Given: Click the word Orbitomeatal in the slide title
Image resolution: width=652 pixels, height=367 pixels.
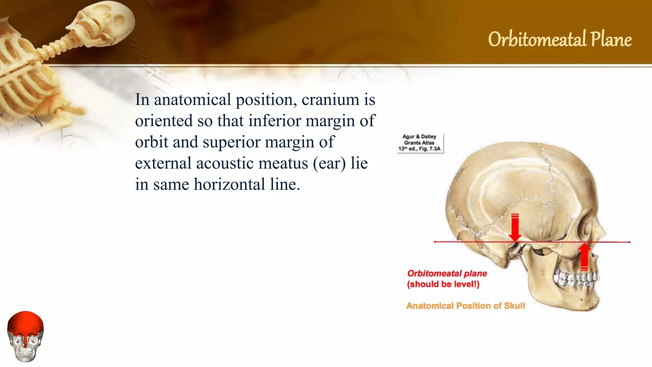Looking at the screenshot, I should pyautogui.click(x=537, y=40).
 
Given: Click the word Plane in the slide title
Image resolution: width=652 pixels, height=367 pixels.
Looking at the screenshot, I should pyautogui.click(x=611, y=40).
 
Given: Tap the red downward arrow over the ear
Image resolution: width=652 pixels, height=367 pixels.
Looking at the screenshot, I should pyautogui.click(x=515, y=228).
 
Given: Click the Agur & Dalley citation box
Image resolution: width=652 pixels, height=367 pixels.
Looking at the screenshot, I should pyautogui.click(x=420, y=143).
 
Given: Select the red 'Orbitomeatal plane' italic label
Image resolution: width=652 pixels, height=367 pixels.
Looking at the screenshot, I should pyautogui.click(x=447, y=273).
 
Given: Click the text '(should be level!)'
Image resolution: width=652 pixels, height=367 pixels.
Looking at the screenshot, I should pyautogui.click(x=443, y=284).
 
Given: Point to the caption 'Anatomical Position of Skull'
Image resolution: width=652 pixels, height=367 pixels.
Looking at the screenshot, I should pyautogui.click(x=465, y=306).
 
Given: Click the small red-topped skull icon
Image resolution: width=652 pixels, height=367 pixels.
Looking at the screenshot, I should pyautogui.click(x=25, y=336).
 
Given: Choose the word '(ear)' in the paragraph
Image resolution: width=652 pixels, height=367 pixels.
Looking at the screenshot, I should pyautogui.click(x=329, y=163).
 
